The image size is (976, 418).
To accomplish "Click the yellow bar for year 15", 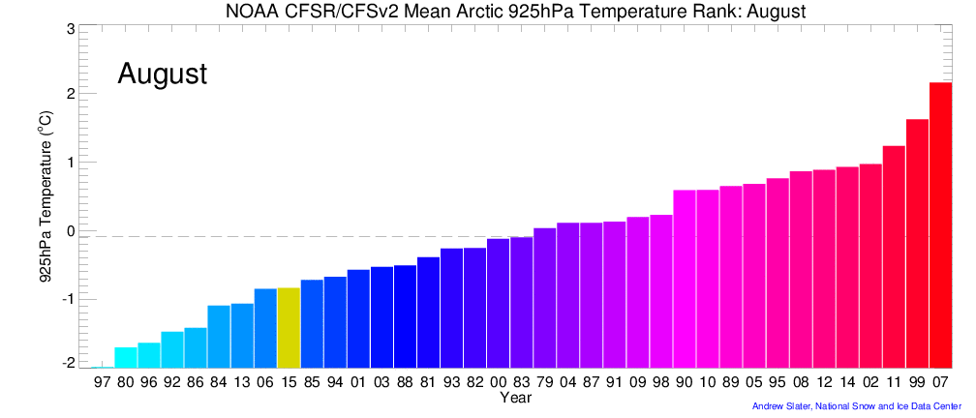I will [x=289, y=328].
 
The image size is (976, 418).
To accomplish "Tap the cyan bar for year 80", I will [x=126, y=357].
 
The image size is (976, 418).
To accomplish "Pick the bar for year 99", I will [x=917, y=243].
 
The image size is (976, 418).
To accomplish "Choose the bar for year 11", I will [x=894, y=256].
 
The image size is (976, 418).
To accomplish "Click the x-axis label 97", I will [x=103, y=383].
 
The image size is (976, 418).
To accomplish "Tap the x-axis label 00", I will [x=498, y=383].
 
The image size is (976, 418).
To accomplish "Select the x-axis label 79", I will [x=544, y=383].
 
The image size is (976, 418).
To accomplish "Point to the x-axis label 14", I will [x=847, y=383].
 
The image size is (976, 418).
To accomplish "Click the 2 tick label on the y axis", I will [x=70, y=94].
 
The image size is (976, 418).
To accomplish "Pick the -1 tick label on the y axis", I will [x=67, y=299].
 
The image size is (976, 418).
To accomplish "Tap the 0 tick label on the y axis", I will [x=70, y=231].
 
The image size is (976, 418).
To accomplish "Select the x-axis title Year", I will [x=514, y=398].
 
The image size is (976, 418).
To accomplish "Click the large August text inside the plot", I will [x=162, y=74].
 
